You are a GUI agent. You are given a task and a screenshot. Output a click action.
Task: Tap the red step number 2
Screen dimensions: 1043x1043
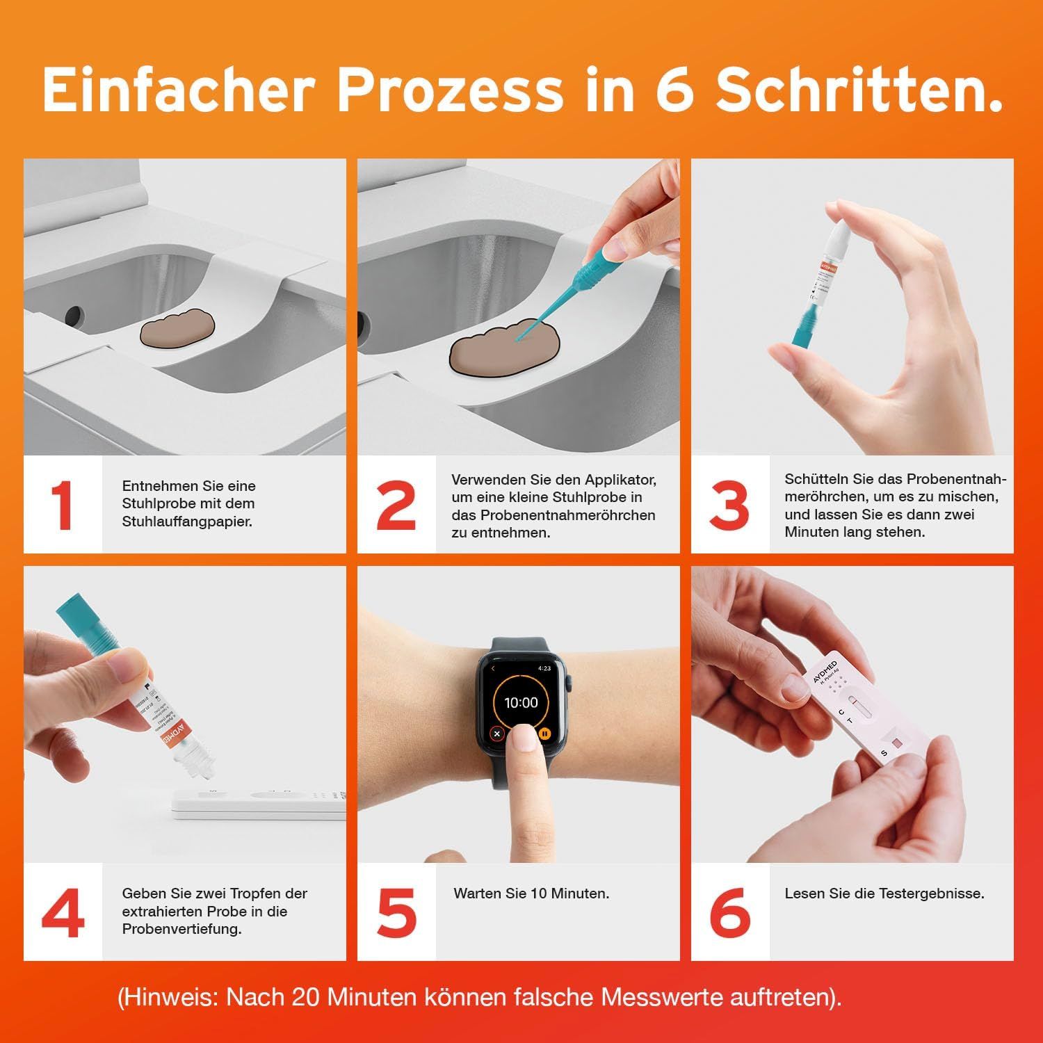[x=396, y=506]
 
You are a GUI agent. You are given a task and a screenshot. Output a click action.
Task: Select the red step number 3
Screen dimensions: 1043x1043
[x=729, y=506]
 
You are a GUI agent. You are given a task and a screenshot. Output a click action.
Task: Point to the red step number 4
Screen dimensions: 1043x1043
[x=63, y=912]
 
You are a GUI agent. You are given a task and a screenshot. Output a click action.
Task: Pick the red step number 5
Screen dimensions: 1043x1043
[x=396, y=912]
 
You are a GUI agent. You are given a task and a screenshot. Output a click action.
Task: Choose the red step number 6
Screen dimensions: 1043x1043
[x=730, y=912]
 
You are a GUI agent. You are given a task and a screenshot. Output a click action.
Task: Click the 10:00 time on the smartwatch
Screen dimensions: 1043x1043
[x=521, y=702]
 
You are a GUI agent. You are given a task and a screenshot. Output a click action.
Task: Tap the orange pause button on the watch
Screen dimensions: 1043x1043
[x=545, y=733]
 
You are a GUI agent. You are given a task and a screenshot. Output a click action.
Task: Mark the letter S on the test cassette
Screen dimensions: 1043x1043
[x=884, y=753]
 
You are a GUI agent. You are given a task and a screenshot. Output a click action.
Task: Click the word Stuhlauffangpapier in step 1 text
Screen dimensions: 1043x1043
[x=186, y=521]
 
